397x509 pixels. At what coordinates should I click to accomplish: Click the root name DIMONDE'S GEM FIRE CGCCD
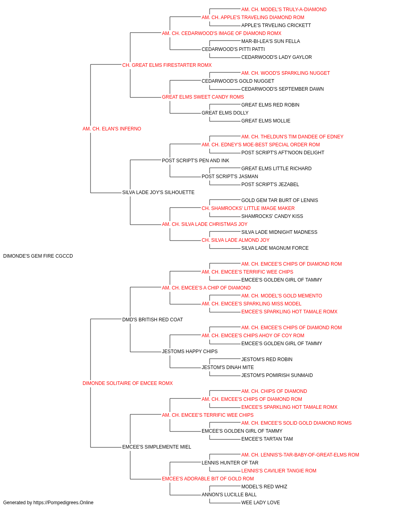[38, 256]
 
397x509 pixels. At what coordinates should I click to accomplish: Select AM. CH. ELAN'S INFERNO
[112, 129]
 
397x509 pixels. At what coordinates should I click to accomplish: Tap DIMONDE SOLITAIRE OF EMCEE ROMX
[127, 383]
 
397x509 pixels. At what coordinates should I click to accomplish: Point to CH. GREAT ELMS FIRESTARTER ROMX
[167, 65]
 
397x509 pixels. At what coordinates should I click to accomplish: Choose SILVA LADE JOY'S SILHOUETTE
[158, 192]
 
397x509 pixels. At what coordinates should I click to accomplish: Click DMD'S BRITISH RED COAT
[152, 319]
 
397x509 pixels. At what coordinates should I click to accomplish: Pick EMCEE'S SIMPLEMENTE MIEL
[157, 447]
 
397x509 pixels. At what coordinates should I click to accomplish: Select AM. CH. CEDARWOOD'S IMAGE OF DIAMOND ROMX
[222, 33]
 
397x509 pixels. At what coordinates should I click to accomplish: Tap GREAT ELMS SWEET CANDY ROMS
[203, 97]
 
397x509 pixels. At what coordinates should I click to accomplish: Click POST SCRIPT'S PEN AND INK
[195, 160]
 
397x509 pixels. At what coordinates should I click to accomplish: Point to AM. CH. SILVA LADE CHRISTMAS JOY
[204, 224]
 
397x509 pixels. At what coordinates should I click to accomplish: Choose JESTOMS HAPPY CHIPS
[190, 352]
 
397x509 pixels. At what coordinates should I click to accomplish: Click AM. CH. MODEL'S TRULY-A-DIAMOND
[284, 10]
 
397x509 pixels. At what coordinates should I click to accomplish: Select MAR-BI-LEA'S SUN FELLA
[270, 41]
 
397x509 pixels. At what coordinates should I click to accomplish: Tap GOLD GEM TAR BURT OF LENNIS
[279, 200]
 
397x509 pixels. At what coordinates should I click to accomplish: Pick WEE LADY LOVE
[260, 503]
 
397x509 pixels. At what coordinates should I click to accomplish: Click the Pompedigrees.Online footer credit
[48, 503]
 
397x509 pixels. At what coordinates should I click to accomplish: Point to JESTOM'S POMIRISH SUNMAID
[277, 375]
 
